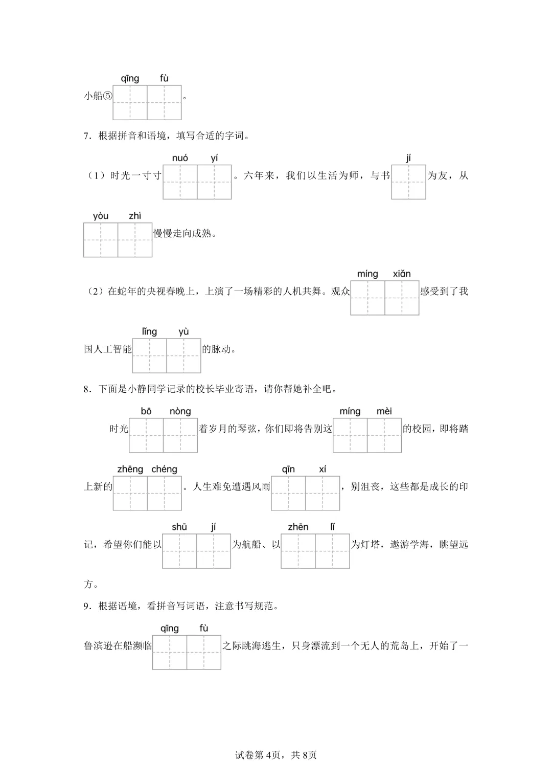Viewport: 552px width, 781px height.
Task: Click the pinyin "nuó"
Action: tap(180, 158)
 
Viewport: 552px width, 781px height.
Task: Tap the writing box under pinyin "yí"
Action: tap(214, 182)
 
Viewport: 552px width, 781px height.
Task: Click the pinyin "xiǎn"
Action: tap(402, 274)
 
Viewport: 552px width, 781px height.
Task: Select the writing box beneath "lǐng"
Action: tap(150, 355)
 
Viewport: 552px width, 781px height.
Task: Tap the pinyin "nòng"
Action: tap(180, 411)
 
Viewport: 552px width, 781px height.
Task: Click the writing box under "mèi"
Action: tap(384, 435)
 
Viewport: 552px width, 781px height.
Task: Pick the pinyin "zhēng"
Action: tap(130, 469)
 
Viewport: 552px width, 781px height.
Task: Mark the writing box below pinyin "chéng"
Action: tap(165, 493)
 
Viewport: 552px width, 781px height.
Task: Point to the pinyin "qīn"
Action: tap(288, 469)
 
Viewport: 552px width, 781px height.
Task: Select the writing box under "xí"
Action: tap(323, 493)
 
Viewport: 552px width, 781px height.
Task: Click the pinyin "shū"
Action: tap(179, 527)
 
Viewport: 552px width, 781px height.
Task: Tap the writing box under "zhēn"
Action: tap(298, 551)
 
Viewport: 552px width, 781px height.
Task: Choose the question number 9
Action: tap(86, 606)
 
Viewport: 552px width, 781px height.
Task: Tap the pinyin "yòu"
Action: tap(101, 216)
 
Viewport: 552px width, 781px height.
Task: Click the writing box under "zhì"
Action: tap(135, 240)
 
